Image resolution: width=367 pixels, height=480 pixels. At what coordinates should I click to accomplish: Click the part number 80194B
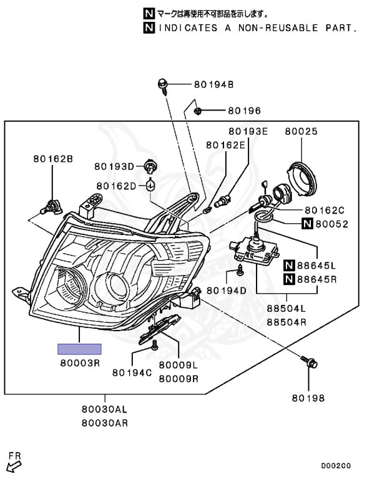point(213,84)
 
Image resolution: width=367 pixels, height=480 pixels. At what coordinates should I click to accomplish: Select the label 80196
point(245,111)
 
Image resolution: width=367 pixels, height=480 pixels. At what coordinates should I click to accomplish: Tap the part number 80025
point(301,131)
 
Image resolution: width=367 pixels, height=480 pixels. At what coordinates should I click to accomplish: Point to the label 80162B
point(53,159)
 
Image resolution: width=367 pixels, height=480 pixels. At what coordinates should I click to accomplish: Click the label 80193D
point(114,166)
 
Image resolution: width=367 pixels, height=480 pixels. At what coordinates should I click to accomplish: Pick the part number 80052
point(332,224)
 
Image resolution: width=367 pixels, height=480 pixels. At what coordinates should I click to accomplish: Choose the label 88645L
point(316,265)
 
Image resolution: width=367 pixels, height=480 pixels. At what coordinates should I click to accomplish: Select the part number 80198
point(308,398)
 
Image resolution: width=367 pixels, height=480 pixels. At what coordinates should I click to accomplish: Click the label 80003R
point(80,363)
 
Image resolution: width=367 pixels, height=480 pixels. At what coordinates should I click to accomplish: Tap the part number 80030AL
point(104,409)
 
